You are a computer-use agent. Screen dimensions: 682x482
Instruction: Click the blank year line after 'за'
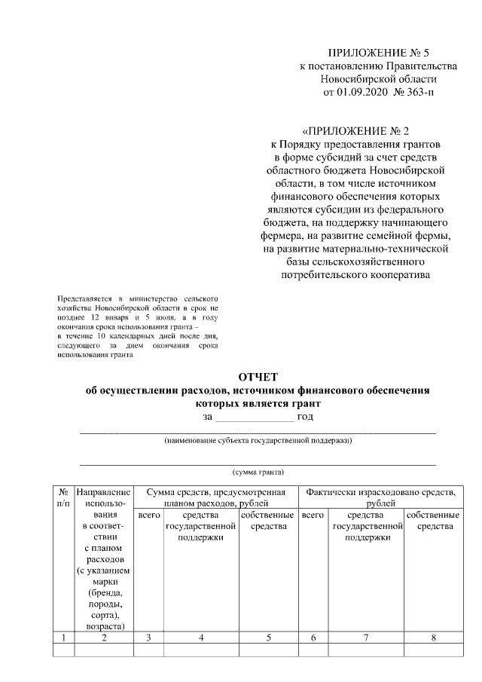(x=255, y=417)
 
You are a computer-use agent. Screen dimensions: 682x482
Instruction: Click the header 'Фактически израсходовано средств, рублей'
(x=381, y=497)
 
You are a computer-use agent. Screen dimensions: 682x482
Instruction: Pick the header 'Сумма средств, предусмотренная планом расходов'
(x=215, y=497)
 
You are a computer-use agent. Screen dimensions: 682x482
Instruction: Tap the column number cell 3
(x=149, y=638)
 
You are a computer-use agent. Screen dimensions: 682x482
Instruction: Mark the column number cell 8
(x=434, y=638)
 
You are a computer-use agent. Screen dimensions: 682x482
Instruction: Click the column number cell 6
(x=313, y=638)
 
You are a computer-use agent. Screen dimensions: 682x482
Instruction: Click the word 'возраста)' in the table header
(x=104, y=625)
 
